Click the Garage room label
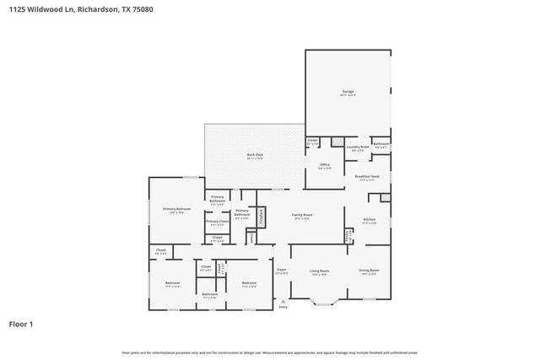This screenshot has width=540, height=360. click(x=348, y=92)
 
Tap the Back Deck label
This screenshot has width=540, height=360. click(x=256, y=156)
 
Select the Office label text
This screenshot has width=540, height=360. click(x=325, y=165)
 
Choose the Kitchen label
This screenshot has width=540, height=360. click(x=369, y=219)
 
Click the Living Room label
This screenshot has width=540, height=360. click(x=319, y=271)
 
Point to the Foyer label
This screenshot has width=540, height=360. click(x=283, y=271)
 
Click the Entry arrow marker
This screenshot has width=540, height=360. click(x=283, y=301)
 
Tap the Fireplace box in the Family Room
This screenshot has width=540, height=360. click(x=262, y=216)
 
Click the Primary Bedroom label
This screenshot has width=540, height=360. click(x=176, y=209)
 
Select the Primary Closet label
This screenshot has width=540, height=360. click(x=217, y=222)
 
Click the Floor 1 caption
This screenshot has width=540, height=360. click(x=21, y=323)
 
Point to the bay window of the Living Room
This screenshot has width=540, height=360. click(x=326, y=300)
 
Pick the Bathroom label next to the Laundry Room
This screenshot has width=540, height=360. click(x=381, y=143)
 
